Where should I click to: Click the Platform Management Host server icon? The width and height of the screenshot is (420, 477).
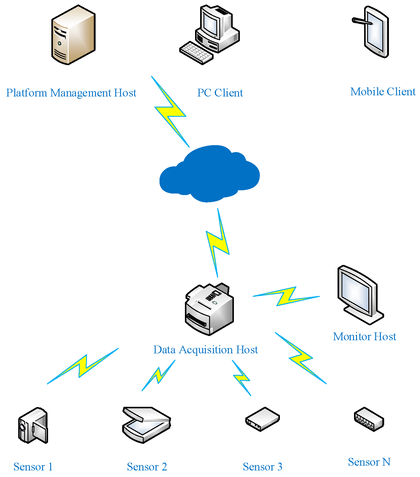coord(73,35)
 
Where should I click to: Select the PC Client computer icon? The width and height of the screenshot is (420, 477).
coord(210,34)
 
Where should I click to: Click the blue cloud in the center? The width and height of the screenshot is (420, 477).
coord(209,174)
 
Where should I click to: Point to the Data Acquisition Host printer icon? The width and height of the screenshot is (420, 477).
coord(209,309)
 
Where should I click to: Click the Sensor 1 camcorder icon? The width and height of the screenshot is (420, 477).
coord(33,425)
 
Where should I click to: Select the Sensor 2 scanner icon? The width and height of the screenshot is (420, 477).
coord(147,425)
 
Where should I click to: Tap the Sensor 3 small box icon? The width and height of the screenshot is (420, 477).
coord(263,419)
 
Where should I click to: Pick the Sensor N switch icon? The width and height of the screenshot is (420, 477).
coord(369,419)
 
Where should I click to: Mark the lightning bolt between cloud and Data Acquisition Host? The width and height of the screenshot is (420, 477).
coord(218,243)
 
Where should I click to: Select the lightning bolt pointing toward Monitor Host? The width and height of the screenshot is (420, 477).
coord(286,296)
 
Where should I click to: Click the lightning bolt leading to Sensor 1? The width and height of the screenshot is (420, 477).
coord(83,366)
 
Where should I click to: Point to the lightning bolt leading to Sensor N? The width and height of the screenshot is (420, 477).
coord(301,358)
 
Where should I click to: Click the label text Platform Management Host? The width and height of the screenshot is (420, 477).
coord(71,93)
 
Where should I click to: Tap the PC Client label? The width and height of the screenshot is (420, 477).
coord(220,93)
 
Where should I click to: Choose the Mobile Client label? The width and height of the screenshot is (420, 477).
coord(383,92)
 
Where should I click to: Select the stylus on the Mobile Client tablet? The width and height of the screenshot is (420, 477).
coord(362,21)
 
